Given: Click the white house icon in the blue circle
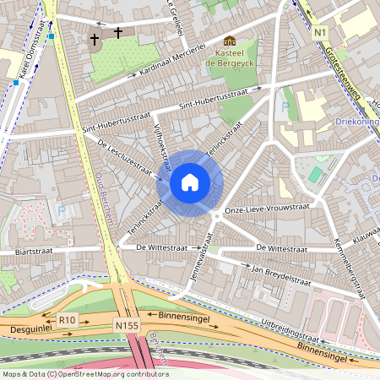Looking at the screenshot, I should [x=190, y=182].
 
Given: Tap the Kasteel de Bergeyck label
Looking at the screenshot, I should [x=231, y=57].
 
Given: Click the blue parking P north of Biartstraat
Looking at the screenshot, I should [x=61, y=210].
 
